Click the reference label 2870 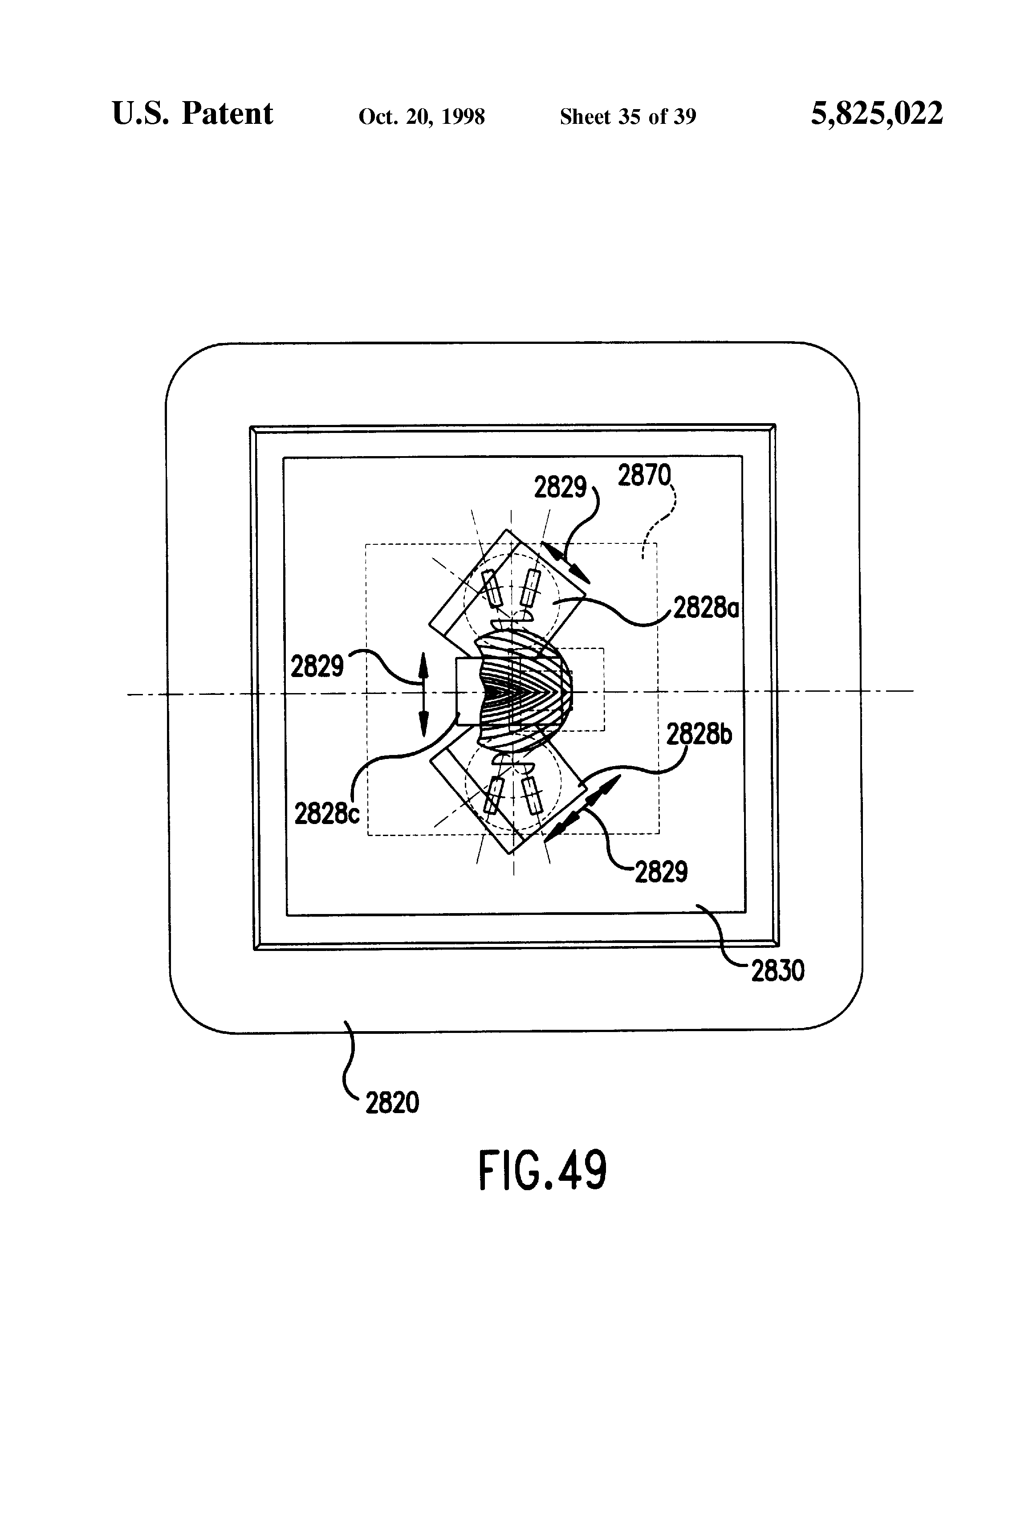pyautogui.click(x=644, y=476)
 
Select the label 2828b pyautogui.click(x=699, y=735)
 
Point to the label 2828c pyautogui.click(x=326, y=814)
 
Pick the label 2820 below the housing pyautogui.click(x=392, y=1102)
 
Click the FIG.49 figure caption pyautogui.click(x=542, y=1171)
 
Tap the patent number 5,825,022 pyautogui.click(x=876, y=114)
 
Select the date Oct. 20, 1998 pyautogui.click(x=421, y=117)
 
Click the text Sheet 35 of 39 pyautogui.click(x=627, y=117)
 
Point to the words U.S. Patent pyautogui.click(x=192, y=114)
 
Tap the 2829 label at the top pyautogui.click(x=560, y=487)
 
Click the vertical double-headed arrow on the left pyautogui.click(x=423, y=694)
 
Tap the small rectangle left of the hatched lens pyautogui.click(x=468, y=691)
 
